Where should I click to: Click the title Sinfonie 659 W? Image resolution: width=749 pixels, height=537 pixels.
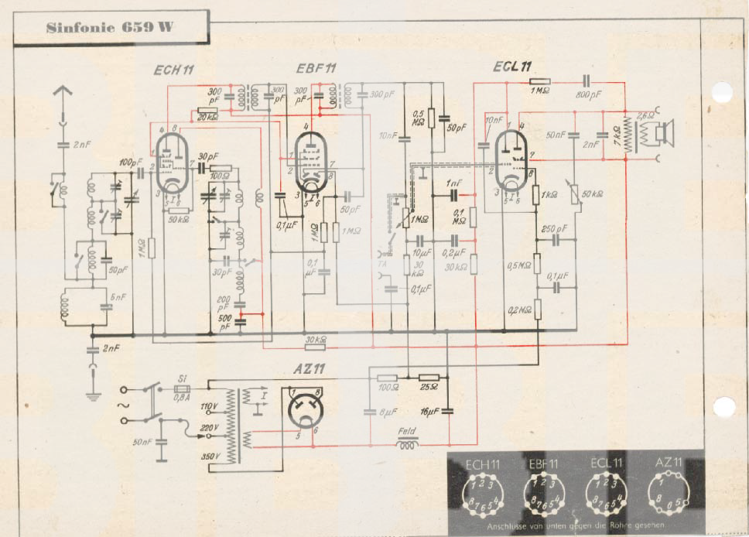tap(109, 28)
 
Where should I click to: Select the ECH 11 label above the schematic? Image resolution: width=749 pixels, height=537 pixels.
tap(173, 70)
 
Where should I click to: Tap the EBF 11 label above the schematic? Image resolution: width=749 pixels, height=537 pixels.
tap(316, 69)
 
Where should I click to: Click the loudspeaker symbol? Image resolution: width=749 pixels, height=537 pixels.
tap(664, 133)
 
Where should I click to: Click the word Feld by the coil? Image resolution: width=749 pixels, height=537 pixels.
tap(406, 433)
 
